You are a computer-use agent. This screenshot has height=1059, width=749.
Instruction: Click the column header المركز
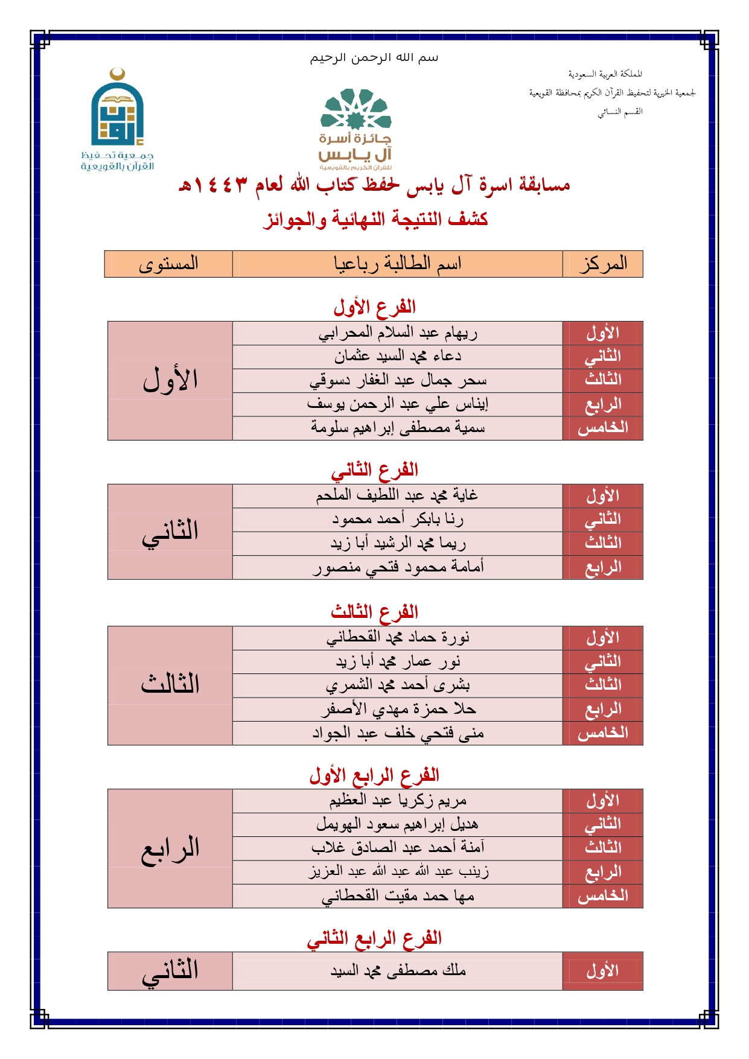pos(602,264)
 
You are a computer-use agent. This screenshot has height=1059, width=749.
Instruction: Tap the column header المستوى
pos(168,264)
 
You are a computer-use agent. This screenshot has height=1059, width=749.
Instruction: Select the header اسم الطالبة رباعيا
pos(397,264)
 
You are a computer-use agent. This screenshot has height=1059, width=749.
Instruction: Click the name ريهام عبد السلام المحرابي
pos(398,332)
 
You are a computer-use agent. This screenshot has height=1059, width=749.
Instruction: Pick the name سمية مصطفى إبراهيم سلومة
pos(398,428)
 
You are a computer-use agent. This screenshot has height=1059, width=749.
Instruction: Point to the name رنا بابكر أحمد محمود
pos(398,519)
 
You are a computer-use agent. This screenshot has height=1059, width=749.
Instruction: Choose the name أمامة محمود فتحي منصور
pos(398,567)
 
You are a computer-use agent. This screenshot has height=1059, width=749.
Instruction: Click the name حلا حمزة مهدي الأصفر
pos(398,709)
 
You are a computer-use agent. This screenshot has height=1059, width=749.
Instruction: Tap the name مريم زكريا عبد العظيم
pos(398,800)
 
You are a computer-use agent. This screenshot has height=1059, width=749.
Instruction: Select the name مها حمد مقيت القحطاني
pos(398,896)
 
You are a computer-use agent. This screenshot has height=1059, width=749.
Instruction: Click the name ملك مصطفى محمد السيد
pos(398,971)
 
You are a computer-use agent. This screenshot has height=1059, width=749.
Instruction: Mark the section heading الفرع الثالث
pos(374,612)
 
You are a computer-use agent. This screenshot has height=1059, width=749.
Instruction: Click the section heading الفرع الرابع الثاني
pos(374,938)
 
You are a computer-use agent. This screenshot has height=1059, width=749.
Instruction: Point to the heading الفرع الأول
pos(374,307)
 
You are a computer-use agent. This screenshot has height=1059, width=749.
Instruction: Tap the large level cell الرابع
pos(170,848)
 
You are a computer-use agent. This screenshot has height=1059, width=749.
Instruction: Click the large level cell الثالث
pos(170,685)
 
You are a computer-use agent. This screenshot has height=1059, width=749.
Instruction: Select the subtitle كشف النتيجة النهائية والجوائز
pos(375,219)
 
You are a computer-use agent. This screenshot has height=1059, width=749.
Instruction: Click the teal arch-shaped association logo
pos(117,112)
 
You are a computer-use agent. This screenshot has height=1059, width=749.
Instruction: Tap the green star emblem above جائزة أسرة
pos(355,110)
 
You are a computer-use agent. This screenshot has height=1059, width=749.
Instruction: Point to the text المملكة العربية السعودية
pos(605,74)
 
